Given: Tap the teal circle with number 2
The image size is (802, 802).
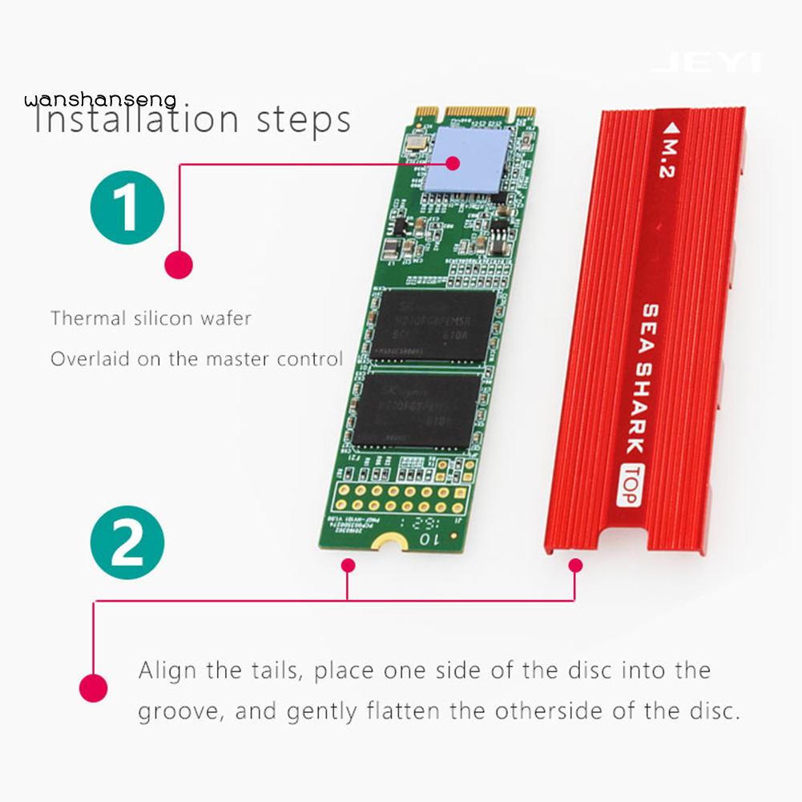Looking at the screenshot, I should click(128, 543).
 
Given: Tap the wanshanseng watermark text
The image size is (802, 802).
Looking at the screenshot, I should click(99, 99).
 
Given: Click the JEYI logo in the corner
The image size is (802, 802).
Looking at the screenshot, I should click(706, 62).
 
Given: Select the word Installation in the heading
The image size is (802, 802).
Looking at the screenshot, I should click(136, 119).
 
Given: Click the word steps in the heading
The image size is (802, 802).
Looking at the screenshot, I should click(304, 121).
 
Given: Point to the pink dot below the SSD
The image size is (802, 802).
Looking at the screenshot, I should click(348, 566).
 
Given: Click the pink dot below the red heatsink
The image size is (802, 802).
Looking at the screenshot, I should click(574, 566).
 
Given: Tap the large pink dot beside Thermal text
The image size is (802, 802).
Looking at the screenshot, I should click(178, 265).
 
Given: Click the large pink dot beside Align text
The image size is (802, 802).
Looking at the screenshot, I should click(94, 687).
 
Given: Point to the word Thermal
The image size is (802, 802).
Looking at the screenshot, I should click(87, 318).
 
